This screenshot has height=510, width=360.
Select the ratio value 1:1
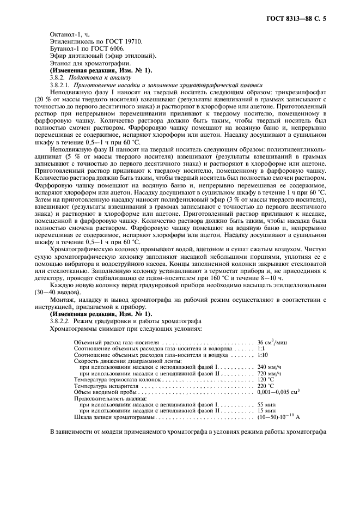tap(261, 348)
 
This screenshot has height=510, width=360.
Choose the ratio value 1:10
tap(263, 355)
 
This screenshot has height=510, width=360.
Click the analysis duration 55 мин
tap(266, 405)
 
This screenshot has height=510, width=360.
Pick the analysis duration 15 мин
tap(266, 411)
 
